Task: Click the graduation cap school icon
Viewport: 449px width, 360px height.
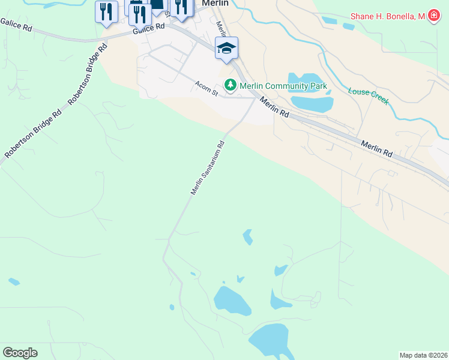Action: [x=226, y=49]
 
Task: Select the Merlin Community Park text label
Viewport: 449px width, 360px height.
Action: [x=283, y=86]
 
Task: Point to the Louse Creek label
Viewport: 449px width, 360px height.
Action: [x=368, y=95]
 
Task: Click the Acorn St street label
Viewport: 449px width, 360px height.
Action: [x=205, y=86]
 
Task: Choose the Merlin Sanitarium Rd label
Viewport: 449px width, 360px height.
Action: [x=208, y=167]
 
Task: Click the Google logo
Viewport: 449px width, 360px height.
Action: [x=20, y=353]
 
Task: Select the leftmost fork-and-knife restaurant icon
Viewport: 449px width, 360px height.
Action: [x=106, y=12]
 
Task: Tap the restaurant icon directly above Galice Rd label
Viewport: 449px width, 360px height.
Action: [x=139, y=13]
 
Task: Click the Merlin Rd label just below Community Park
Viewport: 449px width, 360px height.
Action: [x=274, y=108]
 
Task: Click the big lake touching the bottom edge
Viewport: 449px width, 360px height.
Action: [x=273, y=342]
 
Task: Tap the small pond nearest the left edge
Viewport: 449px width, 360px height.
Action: [x=14, y=281]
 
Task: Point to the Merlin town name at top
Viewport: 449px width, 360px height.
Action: [x=215, y=3]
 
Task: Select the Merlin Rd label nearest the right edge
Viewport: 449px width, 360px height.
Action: [x=376, y=149]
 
